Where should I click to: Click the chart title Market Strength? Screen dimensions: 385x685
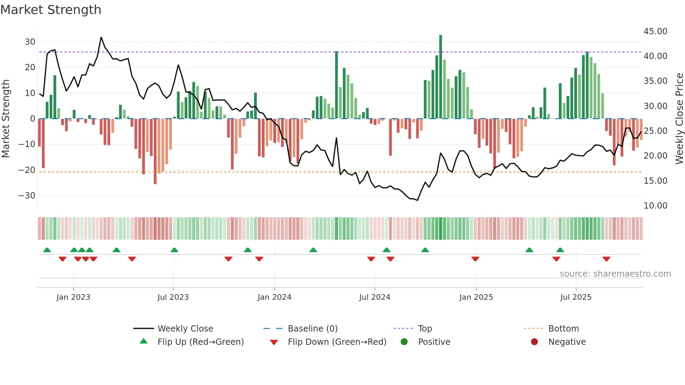coord(51,10)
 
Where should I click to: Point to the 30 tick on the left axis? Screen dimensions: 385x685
coord(30,42)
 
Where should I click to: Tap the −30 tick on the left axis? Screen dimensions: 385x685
coord(27,196)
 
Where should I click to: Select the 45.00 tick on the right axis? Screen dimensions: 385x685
coord(655,31)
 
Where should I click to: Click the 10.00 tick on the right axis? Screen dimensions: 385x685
coord(655,206)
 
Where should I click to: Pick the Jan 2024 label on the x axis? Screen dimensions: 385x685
coord(274,297)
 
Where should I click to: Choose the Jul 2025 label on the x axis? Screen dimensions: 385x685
coord(576,297)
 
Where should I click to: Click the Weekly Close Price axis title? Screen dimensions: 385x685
coord(679,118)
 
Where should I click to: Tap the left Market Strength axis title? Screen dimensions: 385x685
coord(6,118)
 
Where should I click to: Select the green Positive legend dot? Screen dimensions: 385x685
coord(404,342)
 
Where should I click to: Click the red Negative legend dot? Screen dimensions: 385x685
coord(534,342)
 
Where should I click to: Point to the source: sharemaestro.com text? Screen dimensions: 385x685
coord(615,274)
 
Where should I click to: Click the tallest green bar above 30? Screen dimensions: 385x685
coord(441,77)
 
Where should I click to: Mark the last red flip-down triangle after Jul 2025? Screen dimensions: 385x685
coord(606,259)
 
